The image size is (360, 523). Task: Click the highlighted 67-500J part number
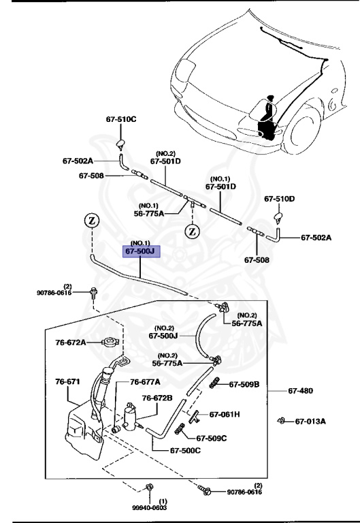pyautogui.click(x=141, y=251)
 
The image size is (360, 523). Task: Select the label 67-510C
pyautogui.click(x=121, y=119)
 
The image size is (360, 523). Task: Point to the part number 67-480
pyautogui.click(x=301, y=391)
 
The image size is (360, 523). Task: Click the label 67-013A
pyautogui.click(x=310, y=421)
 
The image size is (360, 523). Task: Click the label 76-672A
pyautogui.click(x=71, y=343)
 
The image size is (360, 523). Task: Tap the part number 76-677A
pyautogui.click(x=145, y=382)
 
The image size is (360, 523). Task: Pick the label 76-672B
pyautogui.click(x=157, y=398)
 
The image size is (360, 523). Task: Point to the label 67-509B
pyautogui.click(x=244, y=385)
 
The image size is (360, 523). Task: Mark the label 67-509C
pyautogui.click(x=212, y=439)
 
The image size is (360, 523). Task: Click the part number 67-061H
pyautogui.click(x=225, y=414)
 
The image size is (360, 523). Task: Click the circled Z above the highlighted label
pyautogui.click(x=91, y=220)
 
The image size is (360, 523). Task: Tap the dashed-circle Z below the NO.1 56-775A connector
pyautogui.click(x=193, y=230)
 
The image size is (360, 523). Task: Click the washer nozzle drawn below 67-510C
pyautogui.click(x=121, y=142)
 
